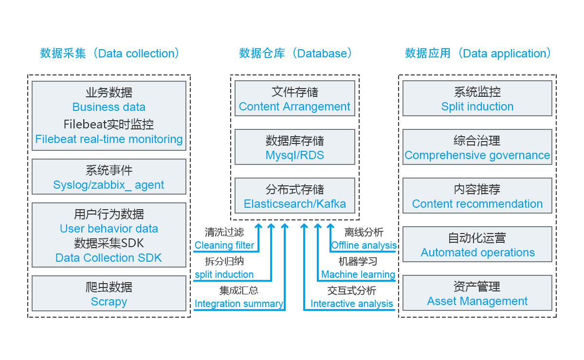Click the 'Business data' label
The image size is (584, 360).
(x=109, y=107)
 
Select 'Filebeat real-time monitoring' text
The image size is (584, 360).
(x=109, y=139)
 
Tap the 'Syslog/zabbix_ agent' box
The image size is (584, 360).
(x=109, y=177)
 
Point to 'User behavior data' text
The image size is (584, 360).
(x=109, y=229)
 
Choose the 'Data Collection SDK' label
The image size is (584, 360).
(x=109, y=258)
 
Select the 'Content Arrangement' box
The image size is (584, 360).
(x=294, y=99)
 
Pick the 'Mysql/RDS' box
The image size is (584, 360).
(x=294, y=147)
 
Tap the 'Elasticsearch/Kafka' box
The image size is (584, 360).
(x=294, y=196)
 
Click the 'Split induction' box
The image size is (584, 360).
(x=477, y=99)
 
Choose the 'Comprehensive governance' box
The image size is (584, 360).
(x=477, y=147)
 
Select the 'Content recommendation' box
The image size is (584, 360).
(x=477, y=196)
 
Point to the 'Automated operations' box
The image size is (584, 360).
(x=477, y=245)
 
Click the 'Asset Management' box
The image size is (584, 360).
(x=477, y=293)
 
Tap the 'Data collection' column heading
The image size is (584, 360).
(x=109, y=53)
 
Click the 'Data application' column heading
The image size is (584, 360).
(x=478, y=53)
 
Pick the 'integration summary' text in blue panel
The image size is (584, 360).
(x=240, y=304)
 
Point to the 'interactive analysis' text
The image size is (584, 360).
(x=354, y=304)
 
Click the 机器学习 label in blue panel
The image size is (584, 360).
(x=358, y=262)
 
